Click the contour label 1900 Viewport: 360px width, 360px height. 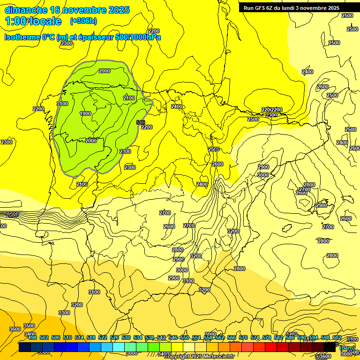pyautogui.click(x=85, y=113)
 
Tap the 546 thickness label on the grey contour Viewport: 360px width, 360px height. pyautogui.click(x=140, y=122)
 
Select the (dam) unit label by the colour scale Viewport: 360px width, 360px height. pyautogui.click(x=347, y=348)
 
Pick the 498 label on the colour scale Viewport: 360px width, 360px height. pyautogui.click(x=32, y=337)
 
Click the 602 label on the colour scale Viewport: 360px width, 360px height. pyautogui.click(x=337, y=337)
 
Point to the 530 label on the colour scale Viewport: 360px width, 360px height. pyautogui.click(x=126, y=337)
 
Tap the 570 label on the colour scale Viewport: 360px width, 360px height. pyautogui.click(x=243, y=337)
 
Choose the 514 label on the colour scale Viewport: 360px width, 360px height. pyautogui.click(x=79, y=337)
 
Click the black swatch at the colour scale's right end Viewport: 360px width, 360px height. pyautogui.click(x=330, y=347)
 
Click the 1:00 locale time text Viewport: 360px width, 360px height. pyautogui.click(x=33, y=21)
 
